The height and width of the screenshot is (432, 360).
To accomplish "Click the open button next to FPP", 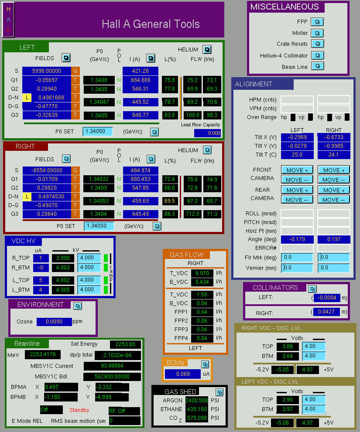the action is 317,22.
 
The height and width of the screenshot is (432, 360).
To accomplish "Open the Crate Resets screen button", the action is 318,44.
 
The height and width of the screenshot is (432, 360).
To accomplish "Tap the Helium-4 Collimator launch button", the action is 318,55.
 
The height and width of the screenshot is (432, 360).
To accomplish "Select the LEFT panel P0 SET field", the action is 98,131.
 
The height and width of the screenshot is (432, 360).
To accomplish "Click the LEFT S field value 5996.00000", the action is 47,71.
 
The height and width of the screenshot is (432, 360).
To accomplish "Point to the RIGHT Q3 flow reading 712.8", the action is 192,214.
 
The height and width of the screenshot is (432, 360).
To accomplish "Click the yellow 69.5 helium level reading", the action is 170,201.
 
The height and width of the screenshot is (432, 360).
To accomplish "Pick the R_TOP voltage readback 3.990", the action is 63,258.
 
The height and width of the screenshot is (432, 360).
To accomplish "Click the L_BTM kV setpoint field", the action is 89,289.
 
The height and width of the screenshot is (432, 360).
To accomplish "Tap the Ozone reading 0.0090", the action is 54,322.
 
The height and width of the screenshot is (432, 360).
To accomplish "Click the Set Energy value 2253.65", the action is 125,344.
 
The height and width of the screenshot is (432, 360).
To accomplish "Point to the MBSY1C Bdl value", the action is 112,376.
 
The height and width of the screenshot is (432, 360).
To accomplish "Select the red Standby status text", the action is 79,410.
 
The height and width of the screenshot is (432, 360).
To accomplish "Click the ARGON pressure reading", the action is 197,400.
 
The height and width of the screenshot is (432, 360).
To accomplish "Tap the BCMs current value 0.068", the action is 183,374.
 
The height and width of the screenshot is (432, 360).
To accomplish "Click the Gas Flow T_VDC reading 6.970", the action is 202,273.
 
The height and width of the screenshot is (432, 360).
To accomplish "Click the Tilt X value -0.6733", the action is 334,137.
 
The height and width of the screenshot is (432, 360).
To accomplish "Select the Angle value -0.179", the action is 297,239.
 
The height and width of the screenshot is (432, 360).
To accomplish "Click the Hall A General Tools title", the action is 151,24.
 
